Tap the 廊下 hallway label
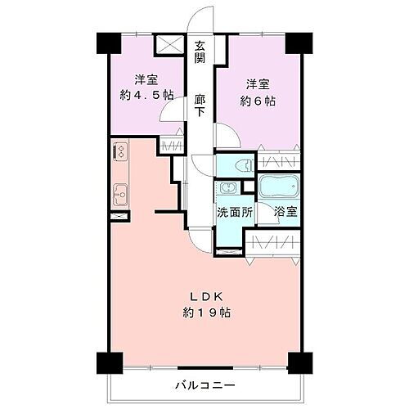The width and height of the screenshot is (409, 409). tap(200, 107)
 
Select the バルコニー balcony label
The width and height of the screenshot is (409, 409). tap(205, 384)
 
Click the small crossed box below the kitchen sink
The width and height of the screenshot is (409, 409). tap(118, 216)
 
